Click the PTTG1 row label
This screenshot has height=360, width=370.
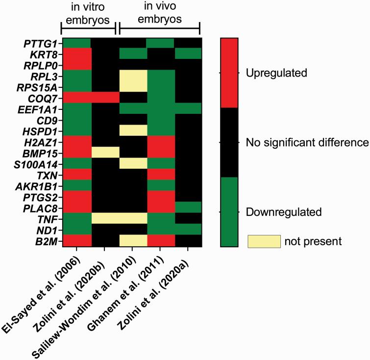pos(39,43)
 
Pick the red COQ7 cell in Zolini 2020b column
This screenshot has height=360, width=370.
pos(104,97)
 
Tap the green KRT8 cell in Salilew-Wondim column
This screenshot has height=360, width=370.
pos(132,53)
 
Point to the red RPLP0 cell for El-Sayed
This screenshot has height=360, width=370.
pos(76,64)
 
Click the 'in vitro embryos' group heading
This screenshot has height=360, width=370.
pos(87,15)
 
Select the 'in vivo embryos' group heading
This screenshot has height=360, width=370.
pos(159,15)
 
